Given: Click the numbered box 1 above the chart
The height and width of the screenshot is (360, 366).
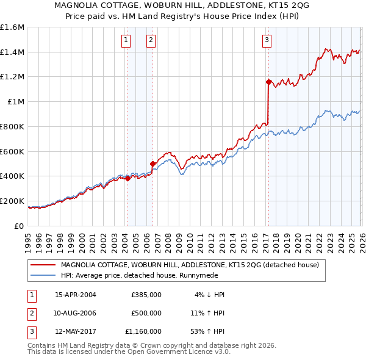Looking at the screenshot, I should (126, 41).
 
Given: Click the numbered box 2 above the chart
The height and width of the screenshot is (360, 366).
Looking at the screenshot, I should (151, 41).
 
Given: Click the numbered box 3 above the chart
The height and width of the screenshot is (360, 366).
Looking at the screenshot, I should (267, 41).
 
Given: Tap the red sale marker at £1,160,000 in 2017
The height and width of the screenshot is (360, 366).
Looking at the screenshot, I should (268, 81).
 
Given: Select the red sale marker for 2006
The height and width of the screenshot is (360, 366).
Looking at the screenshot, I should (152, 164).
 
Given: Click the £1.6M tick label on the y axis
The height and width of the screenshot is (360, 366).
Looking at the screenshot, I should (12, 27).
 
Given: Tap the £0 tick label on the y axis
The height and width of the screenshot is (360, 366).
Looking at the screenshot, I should (18, 226).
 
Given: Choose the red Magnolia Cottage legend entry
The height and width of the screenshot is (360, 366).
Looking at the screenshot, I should (194, 265).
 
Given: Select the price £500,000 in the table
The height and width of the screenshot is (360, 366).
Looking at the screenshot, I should (146, 313).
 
